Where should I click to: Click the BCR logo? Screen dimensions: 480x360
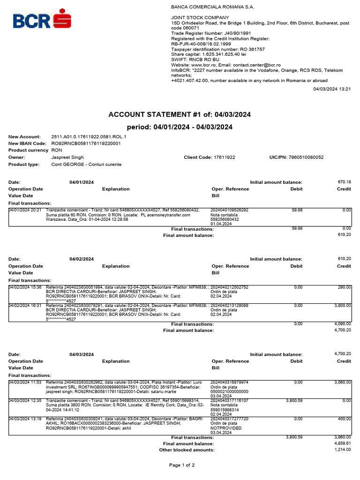[x=42, y=21]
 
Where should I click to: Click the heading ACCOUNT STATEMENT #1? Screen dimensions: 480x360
[x=180, y=114]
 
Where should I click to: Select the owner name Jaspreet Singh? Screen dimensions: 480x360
[x=67, y=157]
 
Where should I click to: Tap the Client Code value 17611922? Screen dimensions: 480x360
[x=225, y=157]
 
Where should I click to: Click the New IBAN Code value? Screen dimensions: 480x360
[x=86, y=143]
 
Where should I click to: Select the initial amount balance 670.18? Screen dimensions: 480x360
[x=344, y=182]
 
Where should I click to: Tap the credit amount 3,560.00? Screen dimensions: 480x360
[x=342, y=382]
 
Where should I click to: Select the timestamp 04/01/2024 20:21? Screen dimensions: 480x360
[x=25, y=210]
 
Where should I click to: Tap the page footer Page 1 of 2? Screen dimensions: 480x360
[x=182, y=465]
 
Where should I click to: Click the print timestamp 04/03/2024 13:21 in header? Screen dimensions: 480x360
[x=332, y=89]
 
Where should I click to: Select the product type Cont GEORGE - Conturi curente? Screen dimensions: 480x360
[x=86, y=165]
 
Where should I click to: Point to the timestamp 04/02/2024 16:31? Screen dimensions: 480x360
[x=25, y=305]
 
